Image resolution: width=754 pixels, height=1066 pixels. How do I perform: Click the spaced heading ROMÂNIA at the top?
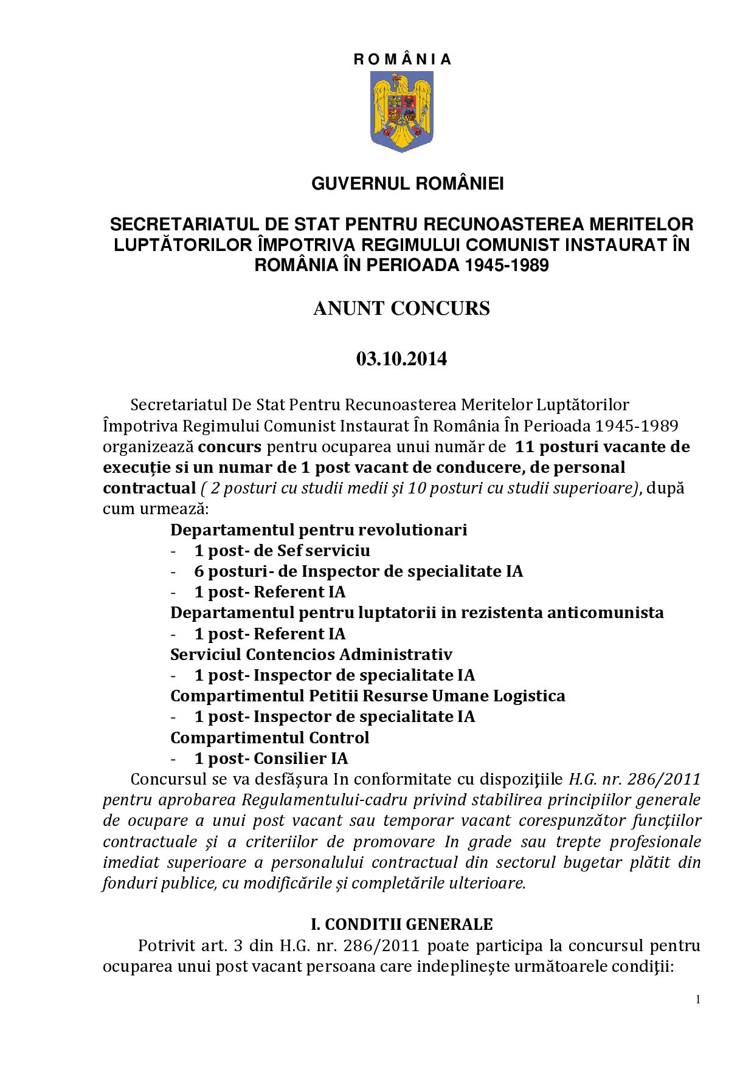coord(401,60)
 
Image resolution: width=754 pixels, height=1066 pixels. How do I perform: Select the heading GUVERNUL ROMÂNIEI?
coord(407,184)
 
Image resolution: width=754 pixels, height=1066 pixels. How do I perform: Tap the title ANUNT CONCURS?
coord(401,309)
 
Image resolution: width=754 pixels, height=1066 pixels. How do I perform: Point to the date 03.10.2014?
coord(401,359)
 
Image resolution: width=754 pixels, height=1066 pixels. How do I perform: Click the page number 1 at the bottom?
coord(698,1000)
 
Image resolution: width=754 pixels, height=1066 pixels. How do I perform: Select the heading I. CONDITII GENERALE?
coord(401,924)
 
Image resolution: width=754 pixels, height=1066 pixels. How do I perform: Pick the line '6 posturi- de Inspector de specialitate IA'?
coord(358,571)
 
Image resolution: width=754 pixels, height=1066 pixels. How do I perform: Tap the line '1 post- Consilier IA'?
coord(271,758)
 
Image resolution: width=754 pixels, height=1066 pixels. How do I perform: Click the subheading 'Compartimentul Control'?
coord(269,738)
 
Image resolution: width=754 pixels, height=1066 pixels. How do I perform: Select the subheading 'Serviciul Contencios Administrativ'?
coord(311,655)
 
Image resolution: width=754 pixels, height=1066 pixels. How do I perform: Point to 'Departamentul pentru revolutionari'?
coord(319,530)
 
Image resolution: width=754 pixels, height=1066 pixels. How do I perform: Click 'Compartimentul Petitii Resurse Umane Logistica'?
coord(367,696)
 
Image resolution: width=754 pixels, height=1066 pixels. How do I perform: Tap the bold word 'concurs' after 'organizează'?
coord(230,447)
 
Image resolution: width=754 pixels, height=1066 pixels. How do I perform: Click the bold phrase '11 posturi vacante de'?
coord(602,447)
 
